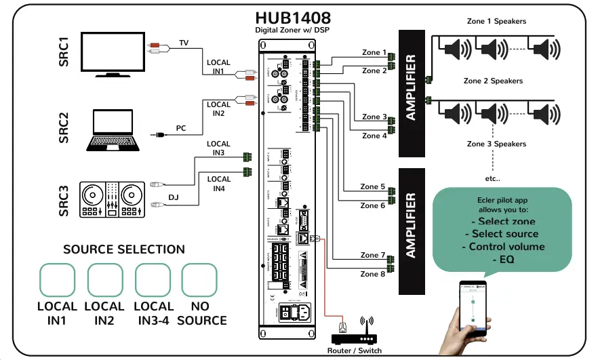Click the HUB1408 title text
(x=293, y=18)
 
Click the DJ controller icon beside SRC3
(x=113, y=199)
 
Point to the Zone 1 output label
(x=375, y=52)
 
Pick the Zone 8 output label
(x=373, y=274)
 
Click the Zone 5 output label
(x=373, y=186)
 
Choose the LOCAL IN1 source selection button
(x=57, y=279)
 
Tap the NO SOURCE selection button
(x=201, y=279)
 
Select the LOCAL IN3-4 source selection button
(x=153, y=279)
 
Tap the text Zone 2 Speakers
(x=493, y=81)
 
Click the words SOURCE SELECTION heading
(x=124, y=249)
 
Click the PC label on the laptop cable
(x=181, y=127)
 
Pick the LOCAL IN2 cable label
(x=218, y=108)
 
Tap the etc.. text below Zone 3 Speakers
(x=492, y=179)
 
